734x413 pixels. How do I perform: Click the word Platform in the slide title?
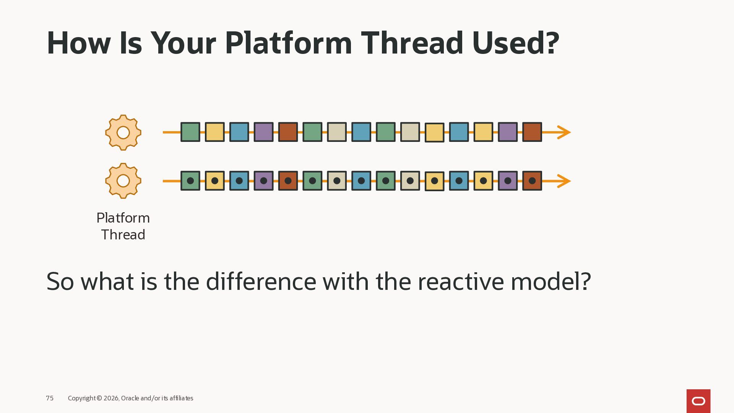coord(288,43)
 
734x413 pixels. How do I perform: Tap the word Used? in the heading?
coord(516,43)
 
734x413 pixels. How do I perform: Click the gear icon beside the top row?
coord(123,132)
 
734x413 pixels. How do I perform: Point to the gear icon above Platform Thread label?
coord(123,181)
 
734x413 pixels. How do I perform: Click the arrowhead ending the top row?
coord(564,132)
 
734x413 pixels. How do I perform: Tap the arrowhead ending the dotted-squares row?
coord(564,181)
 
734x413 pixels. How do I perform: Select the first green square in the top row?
coord(190,132)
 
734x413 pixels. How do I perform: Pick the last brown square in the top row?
coord(532,132)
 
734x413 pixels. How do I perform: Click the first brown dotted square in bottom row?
coord(288,180)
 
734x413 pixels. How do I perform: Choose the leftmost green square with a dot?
coord(190,180)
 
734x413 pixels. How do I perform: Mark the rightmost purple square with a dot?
coord(508,180)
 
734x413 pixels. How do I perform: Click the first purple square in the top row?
coord(264,132)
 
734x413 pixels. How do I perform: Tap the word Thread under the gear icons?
coord(123,234)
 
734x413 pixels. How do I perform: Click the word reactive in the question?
coord(461,281)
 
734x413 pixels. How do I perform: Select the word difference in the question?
coord(261,281)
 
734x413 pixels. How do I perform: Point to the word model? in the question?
coord(551,281)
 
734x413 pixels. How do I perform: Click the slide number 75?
coord(50,398)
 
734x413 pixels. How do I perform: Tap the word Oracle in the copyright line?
coord(130,398)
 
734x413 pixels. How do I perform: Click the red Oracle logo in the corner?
coord(698,401)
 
